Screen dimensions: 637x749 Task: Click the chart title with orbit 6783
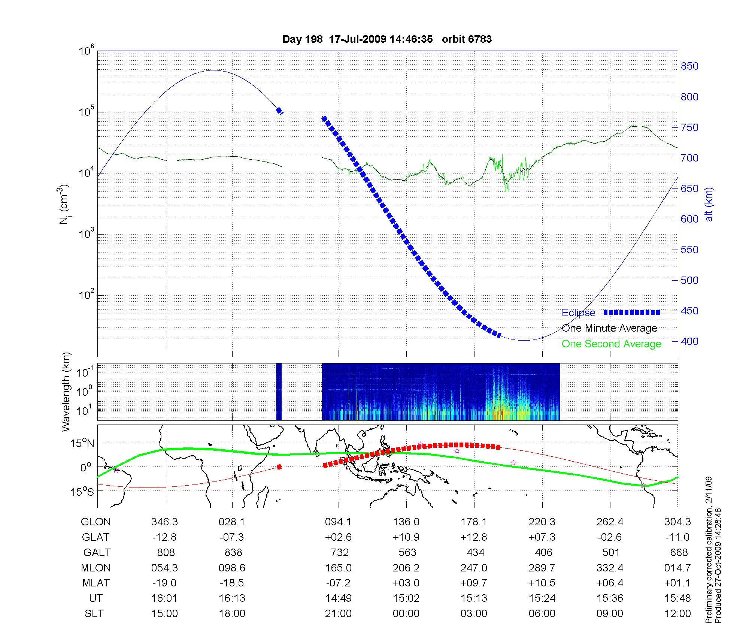coord(387,39)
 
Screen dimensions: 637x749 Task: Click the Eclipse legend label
coord(578,313)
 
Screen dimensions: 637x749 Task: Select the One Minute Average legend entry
coord(609,328)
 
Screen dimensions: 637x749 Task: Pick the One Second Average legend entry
coord(611,344)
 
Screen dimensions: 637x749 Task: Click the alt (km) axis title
coord(709,204)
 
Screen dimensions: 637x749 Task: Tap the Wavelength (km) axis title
coord(66,392)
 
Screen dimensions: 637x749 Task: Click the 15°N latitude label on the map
coord(82,444)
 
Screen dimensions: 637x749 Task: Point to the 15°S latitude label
coord(82,492)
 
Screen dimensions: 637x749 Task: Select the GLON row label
coord(96,522)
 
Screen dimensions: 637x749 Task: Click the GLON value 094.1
coord(339,522)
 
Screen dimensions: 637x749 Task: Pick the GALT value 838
coord(232,553)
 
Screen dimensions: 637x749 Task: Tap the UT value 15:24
coord(542,598)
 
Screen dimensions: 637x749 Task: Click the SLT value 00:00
coord(406,614)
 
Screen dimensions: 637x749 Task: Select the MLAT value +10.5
coord(542,583)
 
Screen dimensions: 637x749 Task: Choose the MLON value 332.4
coord(610,568)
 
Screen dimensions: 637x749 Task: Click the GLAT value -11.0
coord(677,537)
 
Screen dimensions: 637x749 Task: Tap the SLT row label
coord(94,614)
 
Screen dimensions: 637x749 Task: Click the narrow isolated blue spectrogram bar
coord(279,392)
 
